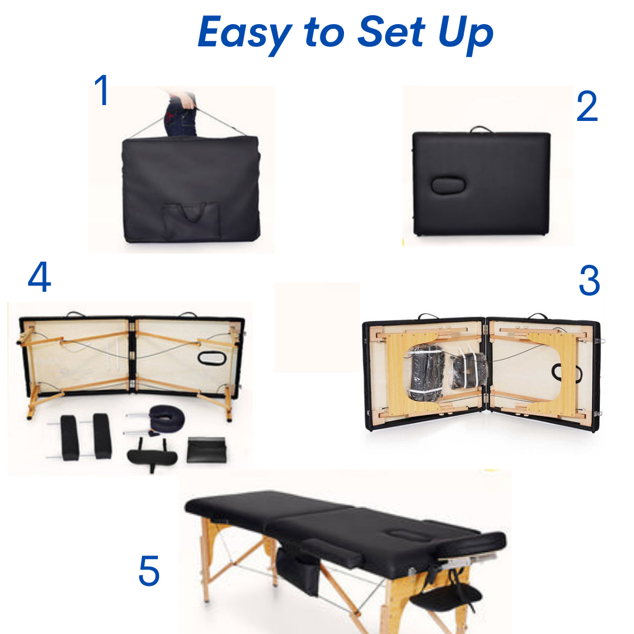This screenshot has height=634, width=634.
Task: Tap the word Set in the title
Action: point(391,31)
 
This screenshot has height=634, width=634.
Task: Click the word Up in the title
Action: point(466,34)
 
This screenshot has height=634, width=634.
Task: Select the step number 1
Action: point(102,90)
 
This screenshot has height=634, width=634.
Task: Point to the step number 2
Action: point(587,106)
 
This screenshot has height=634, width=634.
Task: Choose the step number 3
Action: point(589,280)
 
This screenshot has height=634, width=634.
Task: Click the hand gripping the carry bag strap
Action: point(186,99)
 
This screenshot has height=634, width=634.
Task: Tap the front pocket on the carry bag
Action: point(191,220)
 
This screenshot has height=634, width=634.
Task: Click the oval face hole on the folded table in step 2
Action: point(448,185)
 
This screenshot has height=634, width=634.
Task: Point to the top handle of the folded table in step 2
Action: point(481,129)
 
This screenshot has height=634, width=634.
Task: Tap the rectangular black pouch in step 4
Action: point(207,450)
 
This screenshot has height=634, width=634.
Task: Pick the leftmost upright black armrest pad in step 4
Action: point(69,437)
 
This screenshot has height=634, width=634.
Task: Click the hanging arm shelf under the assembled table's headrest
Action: point(447,598)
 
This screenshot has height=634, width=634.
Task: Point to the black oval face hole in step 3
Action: point(567,372)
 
